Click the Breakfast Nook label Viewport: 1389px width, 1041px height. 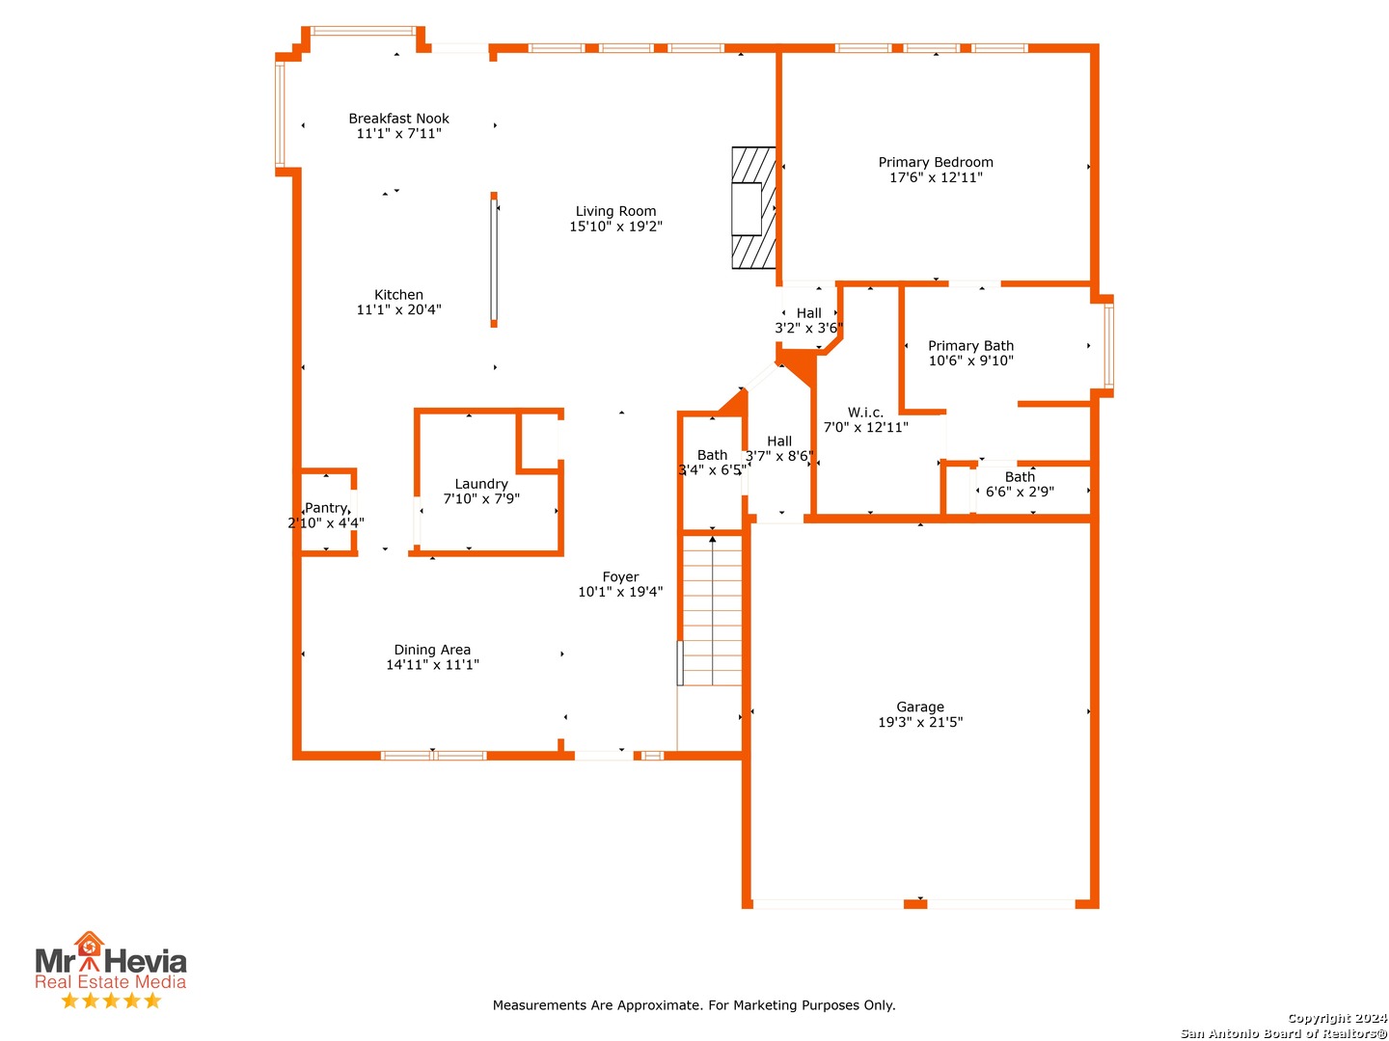(398, 119)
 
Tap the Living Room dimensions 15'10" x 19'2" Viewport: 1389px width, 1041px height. (615, 227)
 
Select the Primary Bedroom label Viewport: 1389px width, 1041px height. (936, 163)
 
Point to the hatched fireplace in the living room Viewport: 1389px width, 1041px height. (753, 208)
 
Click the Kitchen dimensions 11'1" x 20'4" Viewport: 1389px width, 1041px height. (398, 309)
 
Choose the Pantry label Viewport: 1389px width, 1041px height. (326, 508)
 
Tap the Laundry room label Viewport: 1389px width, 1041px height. (481, 484)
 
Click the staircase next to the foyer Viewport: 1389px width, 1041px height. (711, 610)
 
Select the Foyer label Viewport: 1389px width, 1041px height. (620, 576)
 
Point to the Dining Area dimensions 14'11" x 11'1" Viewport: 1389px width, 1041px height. (432, 664)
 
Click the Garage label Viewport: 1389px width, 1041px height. (919, 707)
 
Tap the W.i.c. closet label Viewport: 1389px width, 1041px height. (865, 413)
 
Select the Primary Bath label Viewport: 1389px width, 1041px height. (970, 346)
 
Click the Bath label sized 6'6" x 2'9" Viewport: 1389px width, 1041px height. (1020, 476)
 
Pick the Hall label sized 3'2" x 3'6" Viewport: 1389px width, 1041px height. (808, 313)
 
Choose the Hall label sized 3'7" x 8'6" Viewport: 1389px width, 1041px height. (779, 441)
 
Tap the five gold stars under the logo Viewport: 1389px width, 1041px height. (111, 1001)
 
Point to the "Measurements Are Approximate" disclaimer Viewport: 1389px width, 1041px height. (694, 1005)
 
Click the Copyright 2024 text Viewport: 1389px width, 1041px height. (1337, 1018)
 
